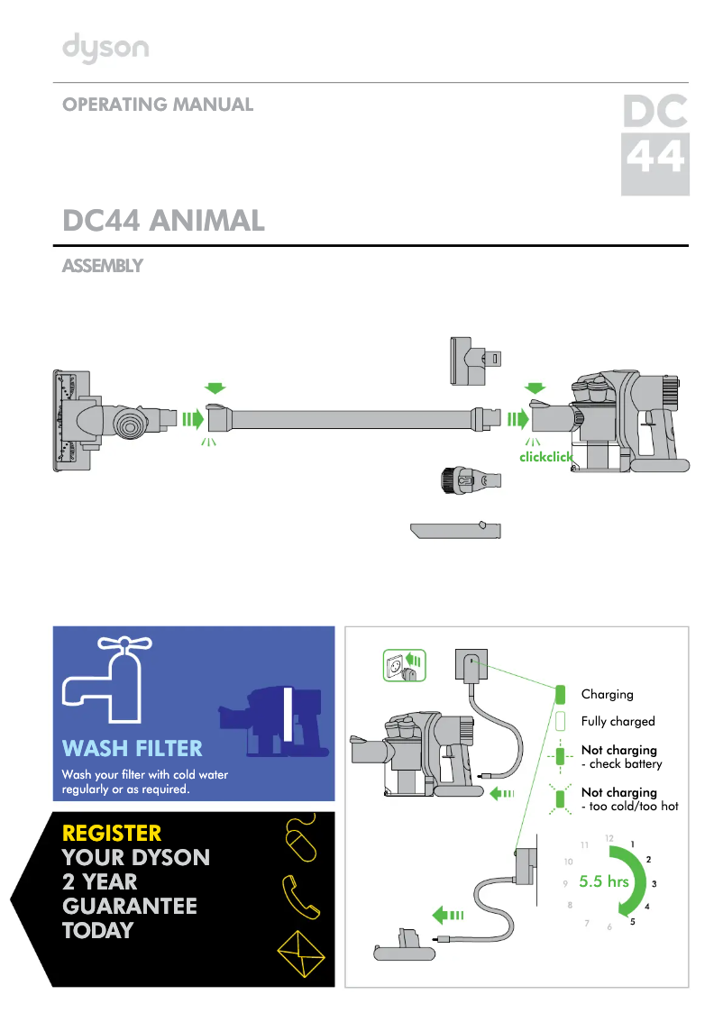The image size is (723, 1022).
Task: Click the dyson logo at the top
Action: coord(105,49)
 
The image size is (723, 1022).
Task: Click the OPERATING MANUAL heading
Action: coord(158,105)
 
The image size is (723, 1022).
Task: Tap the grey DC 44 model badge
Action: coord(655,144)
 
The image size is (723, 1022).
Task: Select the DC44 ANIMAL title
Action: coord(163,221)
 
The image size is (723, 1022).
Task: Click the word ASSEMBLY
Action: coord(102,267)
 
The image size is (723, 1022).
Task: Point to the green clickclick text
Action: coord(546,457)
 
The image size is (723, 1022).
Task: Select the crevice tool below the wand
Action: coord(455,530)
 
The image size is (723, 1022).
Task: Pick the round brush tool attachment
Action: coord(469,479)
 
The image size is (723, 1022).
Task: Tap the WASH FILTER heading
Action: coord(132,748)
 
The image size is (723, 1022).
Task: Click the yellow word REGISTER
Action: coord(112,832)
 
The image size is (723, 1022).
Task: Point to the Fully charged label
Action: coord(618,722)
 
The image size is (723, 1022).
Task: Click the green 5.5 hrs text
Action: coord(604,881)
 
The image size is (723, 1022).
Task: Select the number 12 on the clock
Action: coord(609,838)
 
